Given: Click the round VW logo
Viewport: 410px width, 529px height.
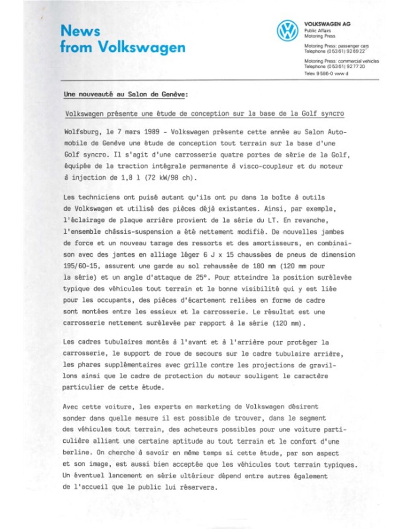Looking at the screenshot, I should [287, 31].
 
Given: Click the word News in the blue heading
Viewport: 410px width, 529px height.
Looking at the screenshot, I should [80, 31].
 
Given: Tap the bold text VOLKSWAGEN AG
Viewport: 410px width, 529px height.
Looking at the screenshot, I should [327, 24].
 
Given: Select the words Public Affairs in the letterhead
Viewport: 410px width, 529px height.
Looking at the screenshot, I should [317, 31].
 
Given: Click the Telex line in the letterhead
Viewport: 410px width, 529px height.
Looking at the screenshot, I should [326, 74].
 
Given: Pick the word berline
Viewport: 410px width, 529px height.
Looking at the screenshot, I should [76, 453].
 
